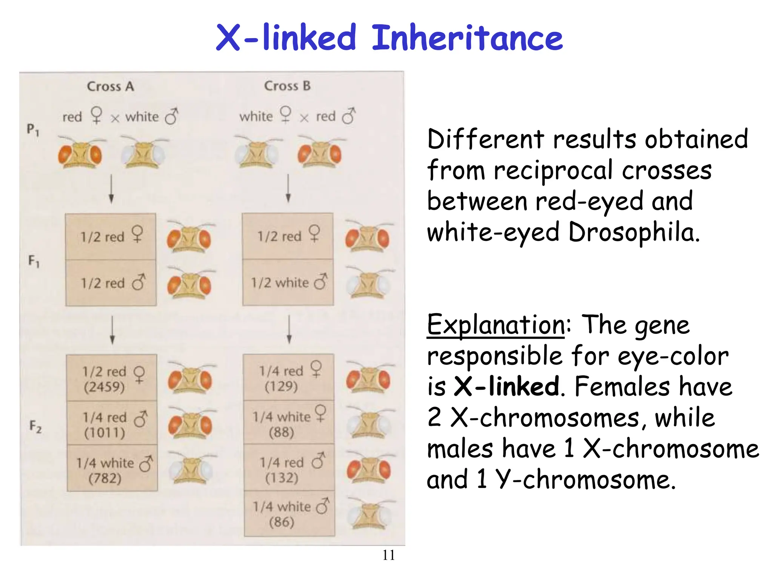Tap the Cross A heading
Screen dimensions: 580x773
click(110, 86)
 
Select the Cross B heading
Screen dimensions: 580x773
click(287, 86)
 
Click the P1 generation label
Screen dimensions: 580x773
click(33, 130)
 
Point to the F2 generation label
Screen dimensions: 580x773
click(35, 427)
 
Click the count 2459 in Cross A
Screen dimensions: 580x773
click(104, 387)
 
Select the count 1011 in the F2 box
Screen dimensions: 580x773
click(105, 433)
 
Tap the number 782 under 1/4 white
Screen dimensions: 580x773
click(105, 479)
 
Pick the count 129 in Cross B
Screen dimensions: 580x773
click(281, 386)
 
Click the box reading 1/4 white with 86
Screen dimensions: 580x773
click(289, 514)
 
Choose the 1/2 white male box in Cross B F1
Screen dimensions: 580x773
click(288, 282)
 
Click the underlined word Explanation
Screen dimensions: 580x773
click(496, 325)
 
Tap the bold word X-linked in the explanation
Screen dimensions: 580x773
click(506, 387)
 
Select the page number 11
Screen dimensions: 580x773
click(388, 555)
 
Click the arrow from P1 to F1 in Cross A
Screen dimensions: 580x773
click(111, 189)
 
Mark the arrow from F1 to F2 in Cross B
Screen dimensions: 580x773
click(289, 329)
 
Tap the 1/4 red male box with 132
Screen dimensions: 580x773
click(289, 467)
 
